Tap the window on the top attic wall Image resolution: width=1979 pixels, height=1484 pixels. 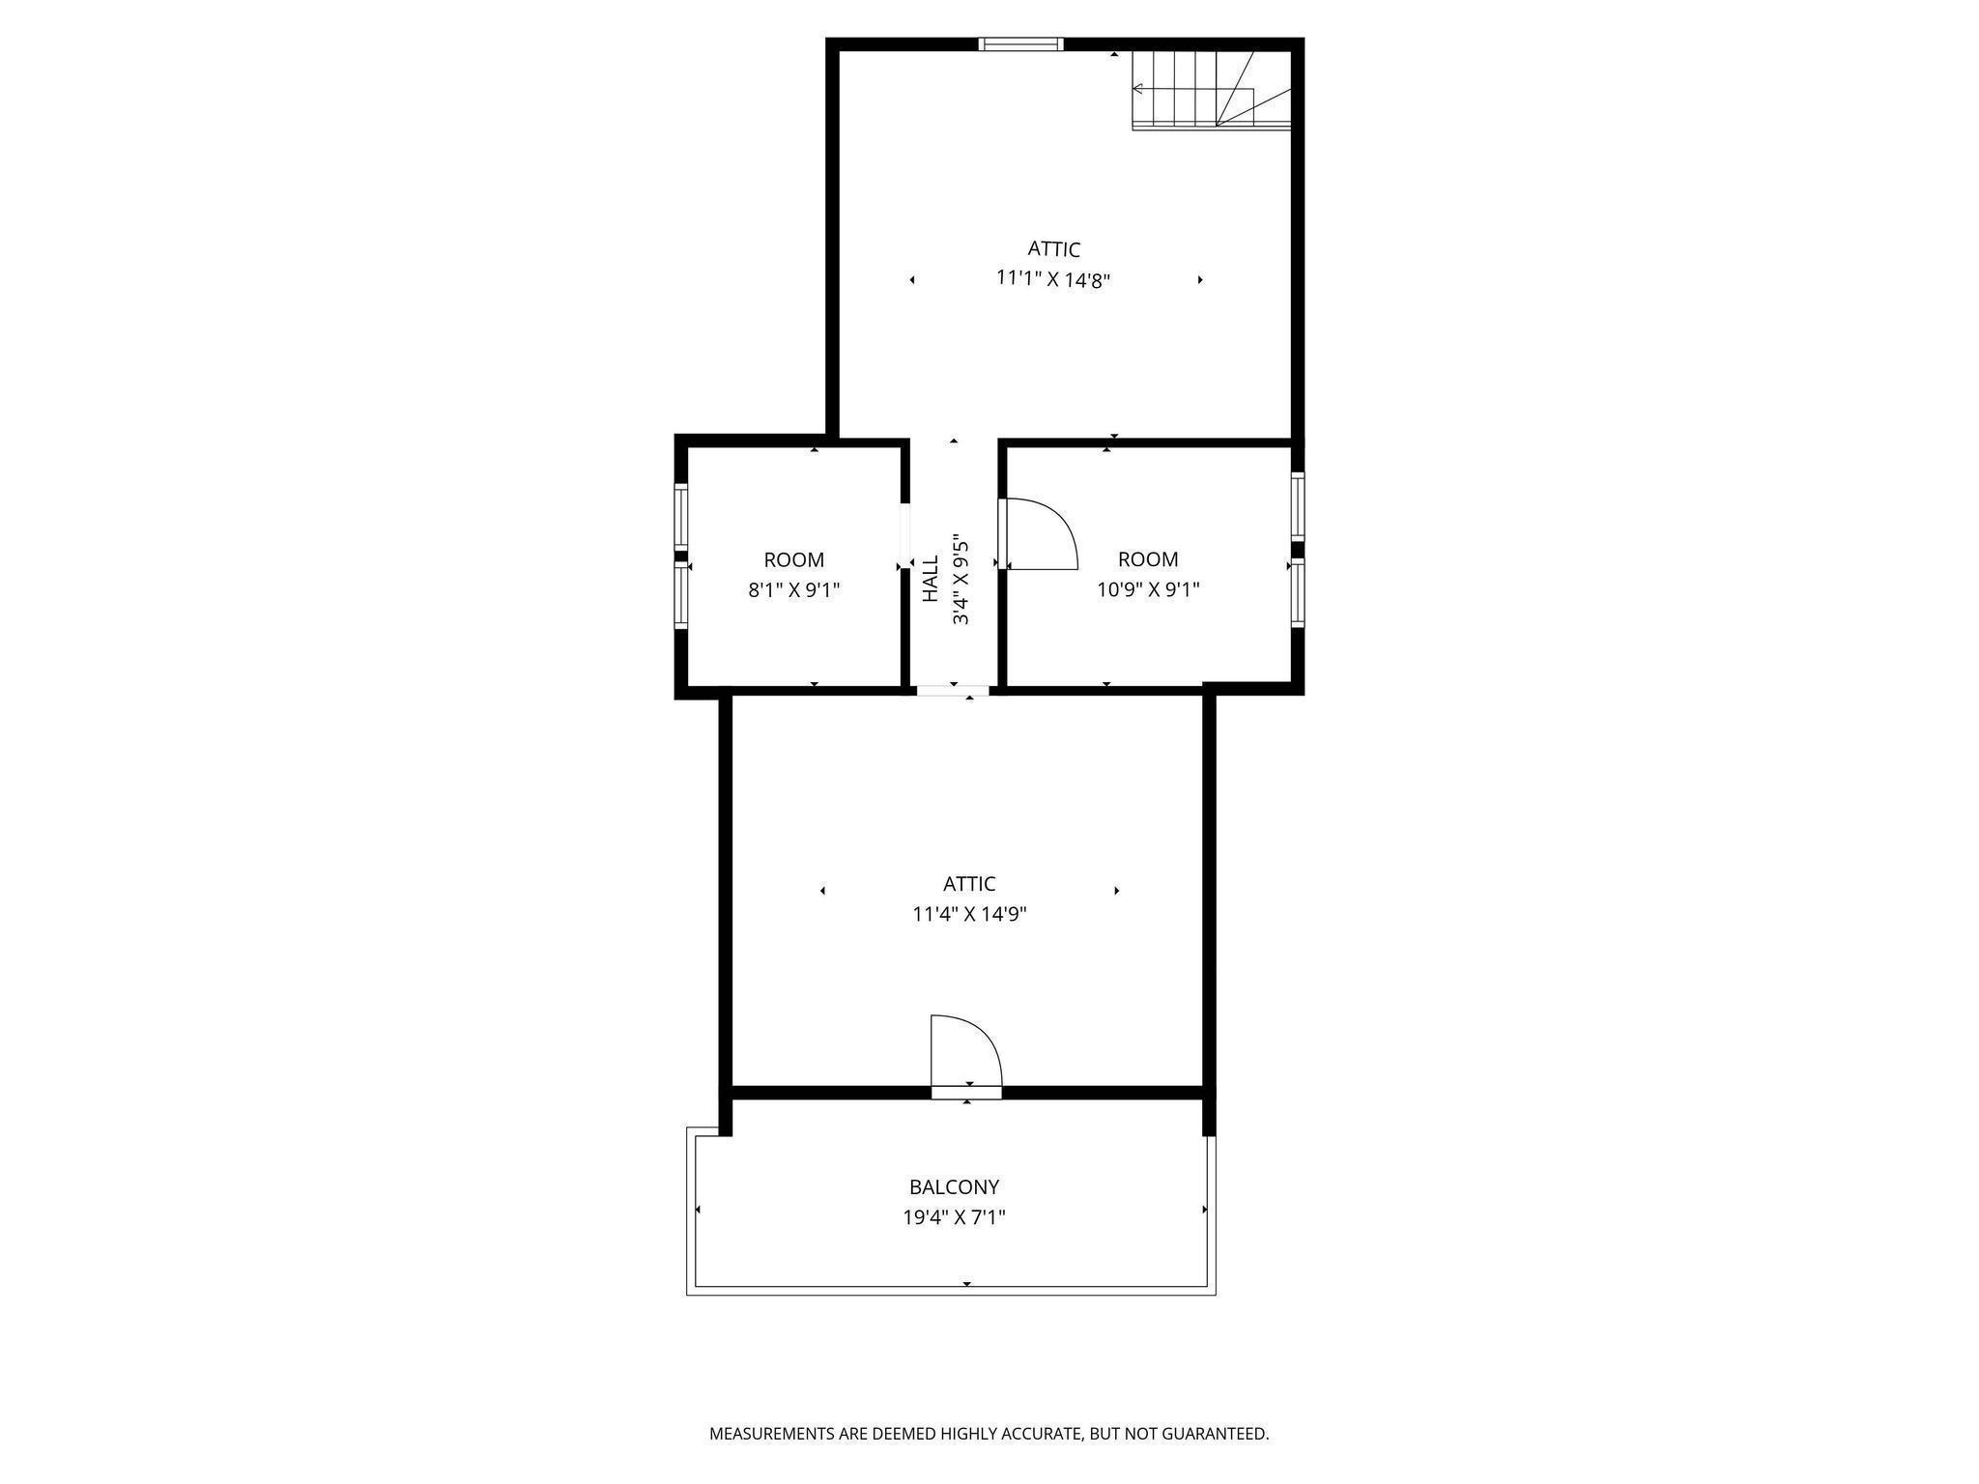click(x=1020, y=43)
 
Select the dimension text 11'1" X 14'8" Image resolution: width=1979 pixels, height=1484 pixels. click(x=1053, y=279)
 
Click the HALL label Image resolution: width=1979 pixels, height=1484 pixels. click(x=931, y=579)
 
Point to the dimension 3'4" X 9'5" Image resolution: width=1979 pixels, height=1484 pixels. click(x=961, y=579)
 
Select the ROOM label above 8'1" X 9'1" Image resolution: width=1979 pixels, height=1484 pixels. click(x=793, y=559)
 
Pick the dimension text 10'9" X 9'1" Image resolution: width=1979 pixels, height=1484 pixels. click(x=1148, y=589)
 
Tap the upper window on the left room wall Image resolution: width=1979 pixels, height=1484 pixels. click(x=680, y=517)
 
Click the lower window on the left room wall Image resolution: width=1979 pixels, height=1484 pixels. click(x=680, y=596)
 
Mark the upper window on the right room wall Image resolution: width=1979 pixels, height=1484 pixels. click(x=1298, y=506)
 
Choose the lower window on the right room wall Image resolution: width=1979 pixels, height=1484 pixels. click(x=1298, y=592)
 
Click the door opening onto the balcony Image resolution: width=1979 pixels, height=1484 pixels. click(x=965, y=1093)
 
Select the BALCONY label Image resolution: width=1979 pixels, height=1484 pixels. click(x=954, y=1186)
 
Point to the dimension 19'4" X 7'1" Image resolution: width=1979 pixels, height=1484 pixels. click(x=954, y=1217)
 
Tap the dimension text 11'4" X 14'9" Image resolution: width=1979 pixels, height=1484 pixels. click(x=969, y=914)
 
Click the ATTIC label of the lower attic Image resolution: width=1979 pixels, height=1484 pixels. click(x=969, y=883)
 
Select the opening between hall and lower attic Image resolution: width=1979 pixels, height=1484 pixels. click(x=953, y=690)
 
